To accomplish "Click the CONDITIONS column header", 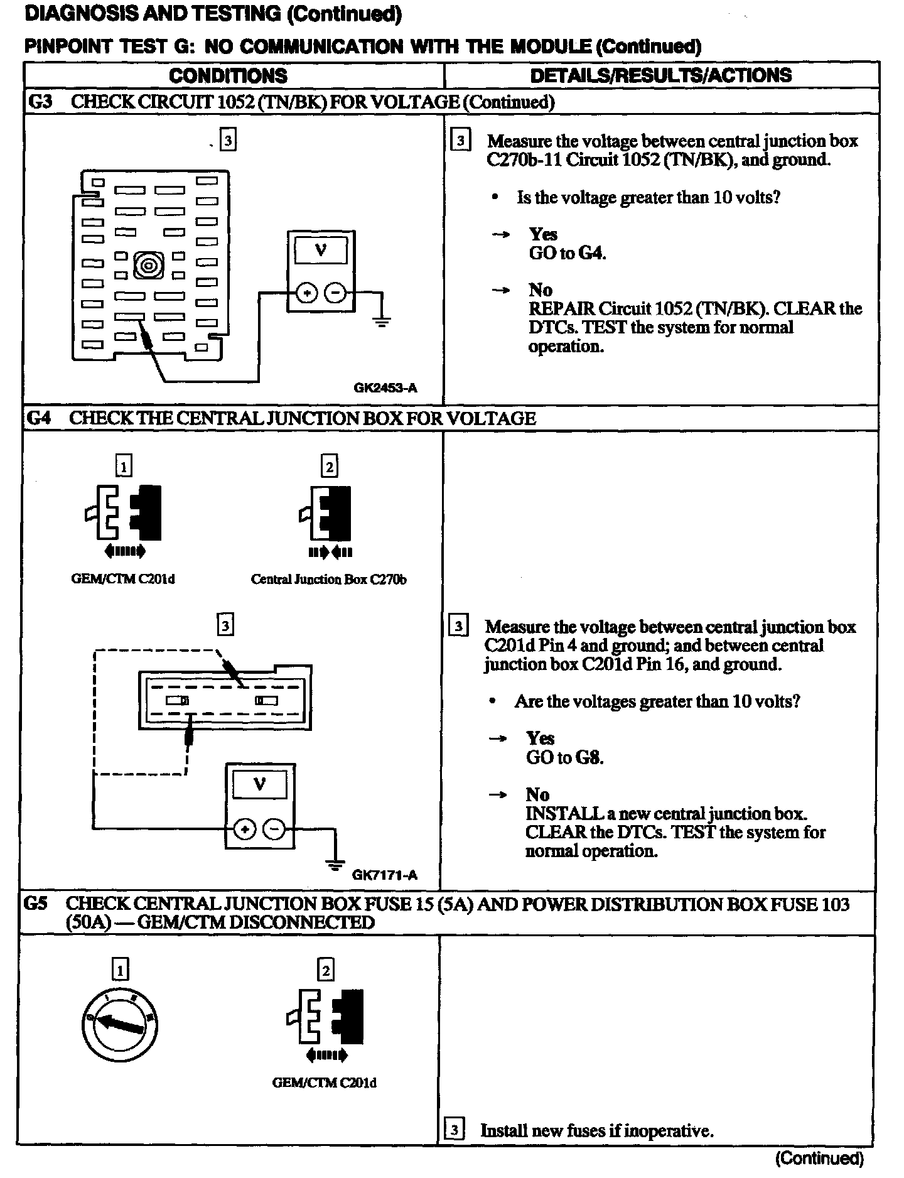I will pyautogui.click(x=228, y=76).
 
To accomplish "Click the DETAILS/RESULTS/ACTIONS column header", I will pyautogui.click(x=661, y=75).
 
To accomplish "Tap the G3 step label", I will pyautogui.click(x=40, y=102).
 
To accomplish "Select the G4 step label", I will pyautogui.click(x=38, y=418).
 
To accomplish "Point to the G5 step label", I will pyautogui.click(x=35, y=904).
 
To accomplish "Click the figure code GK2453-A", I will pyautogui.click(x=385, y=387).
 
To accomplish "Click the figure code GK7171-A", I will pyautogui.click(x=384, y=874).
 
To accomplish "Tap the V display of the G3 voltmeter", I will pyautogui.click(x=321, y=251).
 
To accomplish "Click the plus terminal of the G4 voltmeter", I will pyautogui.click(x=244, y=829).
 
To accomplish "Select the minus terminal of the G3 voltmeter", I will pyautogui.click(x=336, y=293).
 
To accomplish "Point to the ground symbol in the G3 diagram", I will pyautogui.click(x=381, y=322).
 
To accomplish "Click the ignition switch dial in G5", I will pyautogui.click(x=119, y=1026).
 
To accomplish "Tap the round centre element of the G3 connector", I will pyautogui.click(x=148, y=265).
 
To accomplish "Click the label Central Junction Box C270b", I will pyautogui.click(x=328, y=580).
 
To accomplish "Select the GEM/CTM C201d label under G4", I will pyautogui.click(x=123, y=579).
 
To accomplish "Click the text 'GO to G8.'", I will pyautogui.click(x=564, y=757).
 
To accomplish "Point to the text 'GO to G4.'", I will pyautogui.click(x=568, y=253).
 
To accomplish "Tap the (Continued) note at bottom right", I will pyautogui.click(x=820, y=1158).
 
